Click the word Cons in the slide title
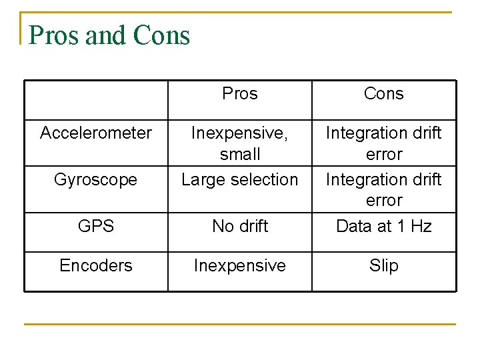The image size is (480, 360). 161,35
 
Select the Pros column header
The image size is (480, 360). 240,94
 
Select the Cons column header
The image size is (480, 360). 384,94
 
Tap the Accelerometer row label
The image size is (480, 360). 96,133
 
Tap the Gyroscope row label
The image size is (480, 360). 96,179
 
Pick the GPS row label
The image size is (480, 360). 96,226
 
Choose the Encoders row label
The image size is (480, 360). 96,265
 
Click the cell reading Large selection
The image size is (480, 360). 240,179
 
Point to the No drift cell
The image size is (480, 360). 240,226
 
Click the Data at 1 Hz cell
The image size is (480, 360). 384,226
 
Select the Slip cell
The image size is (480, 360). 384,265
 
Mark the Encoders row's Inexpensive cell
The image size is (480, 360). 240,265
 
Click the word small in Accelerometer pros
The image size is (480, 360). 240,155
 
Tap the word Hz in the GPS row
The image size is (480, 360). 421,226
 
